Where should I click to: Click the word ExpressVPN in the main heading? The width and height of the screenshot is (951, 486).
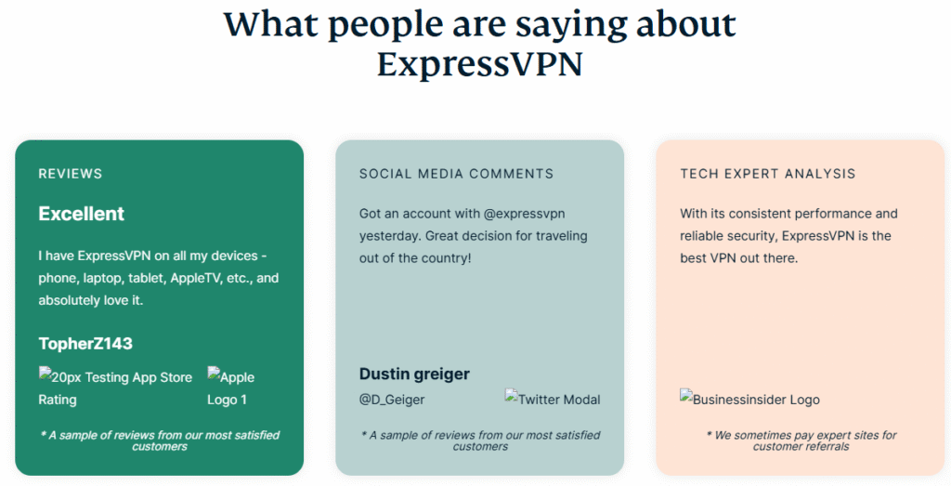tap(480, 64)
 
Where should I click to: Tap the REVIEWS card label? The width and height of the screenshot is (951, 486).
tap(71, 174)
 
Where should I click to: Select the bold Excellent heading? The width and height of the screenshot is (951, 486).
tap(82, 214)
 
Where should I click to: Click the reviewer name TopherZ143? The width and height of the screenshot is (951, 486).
tap(85, 344)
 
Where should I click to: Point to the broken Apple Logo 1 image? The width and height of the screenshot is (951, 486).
tap(231, 387)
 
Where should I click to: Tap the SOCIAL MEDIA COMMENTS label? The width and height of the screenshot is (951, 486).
tap(456, 174)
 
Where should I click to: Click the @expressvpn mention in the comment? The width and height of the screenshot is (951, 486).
tap(524, 214)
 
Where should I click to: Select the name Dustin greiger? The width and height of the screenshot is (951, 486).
tap(414, 374)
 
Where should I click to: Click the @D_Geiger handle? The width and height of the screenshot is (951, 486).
tap(392, 400)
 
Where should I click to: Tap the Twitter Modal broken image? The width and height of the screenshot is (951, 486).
tap(552, 399)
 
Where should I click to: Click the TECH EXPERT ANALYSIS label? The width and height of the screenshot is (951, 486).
tap(767, 174)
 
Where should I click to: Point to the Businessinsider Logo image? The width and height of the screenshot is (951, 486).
tap(749, 399)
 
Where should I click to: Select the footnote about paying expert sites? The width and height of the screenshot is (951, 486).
tap(801, 440)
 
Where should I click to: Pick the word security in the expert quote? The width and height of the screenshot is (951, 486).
tap(751, 236)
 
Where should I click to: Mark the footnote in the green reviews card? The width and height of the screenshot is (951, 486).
tap(160, 440)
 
